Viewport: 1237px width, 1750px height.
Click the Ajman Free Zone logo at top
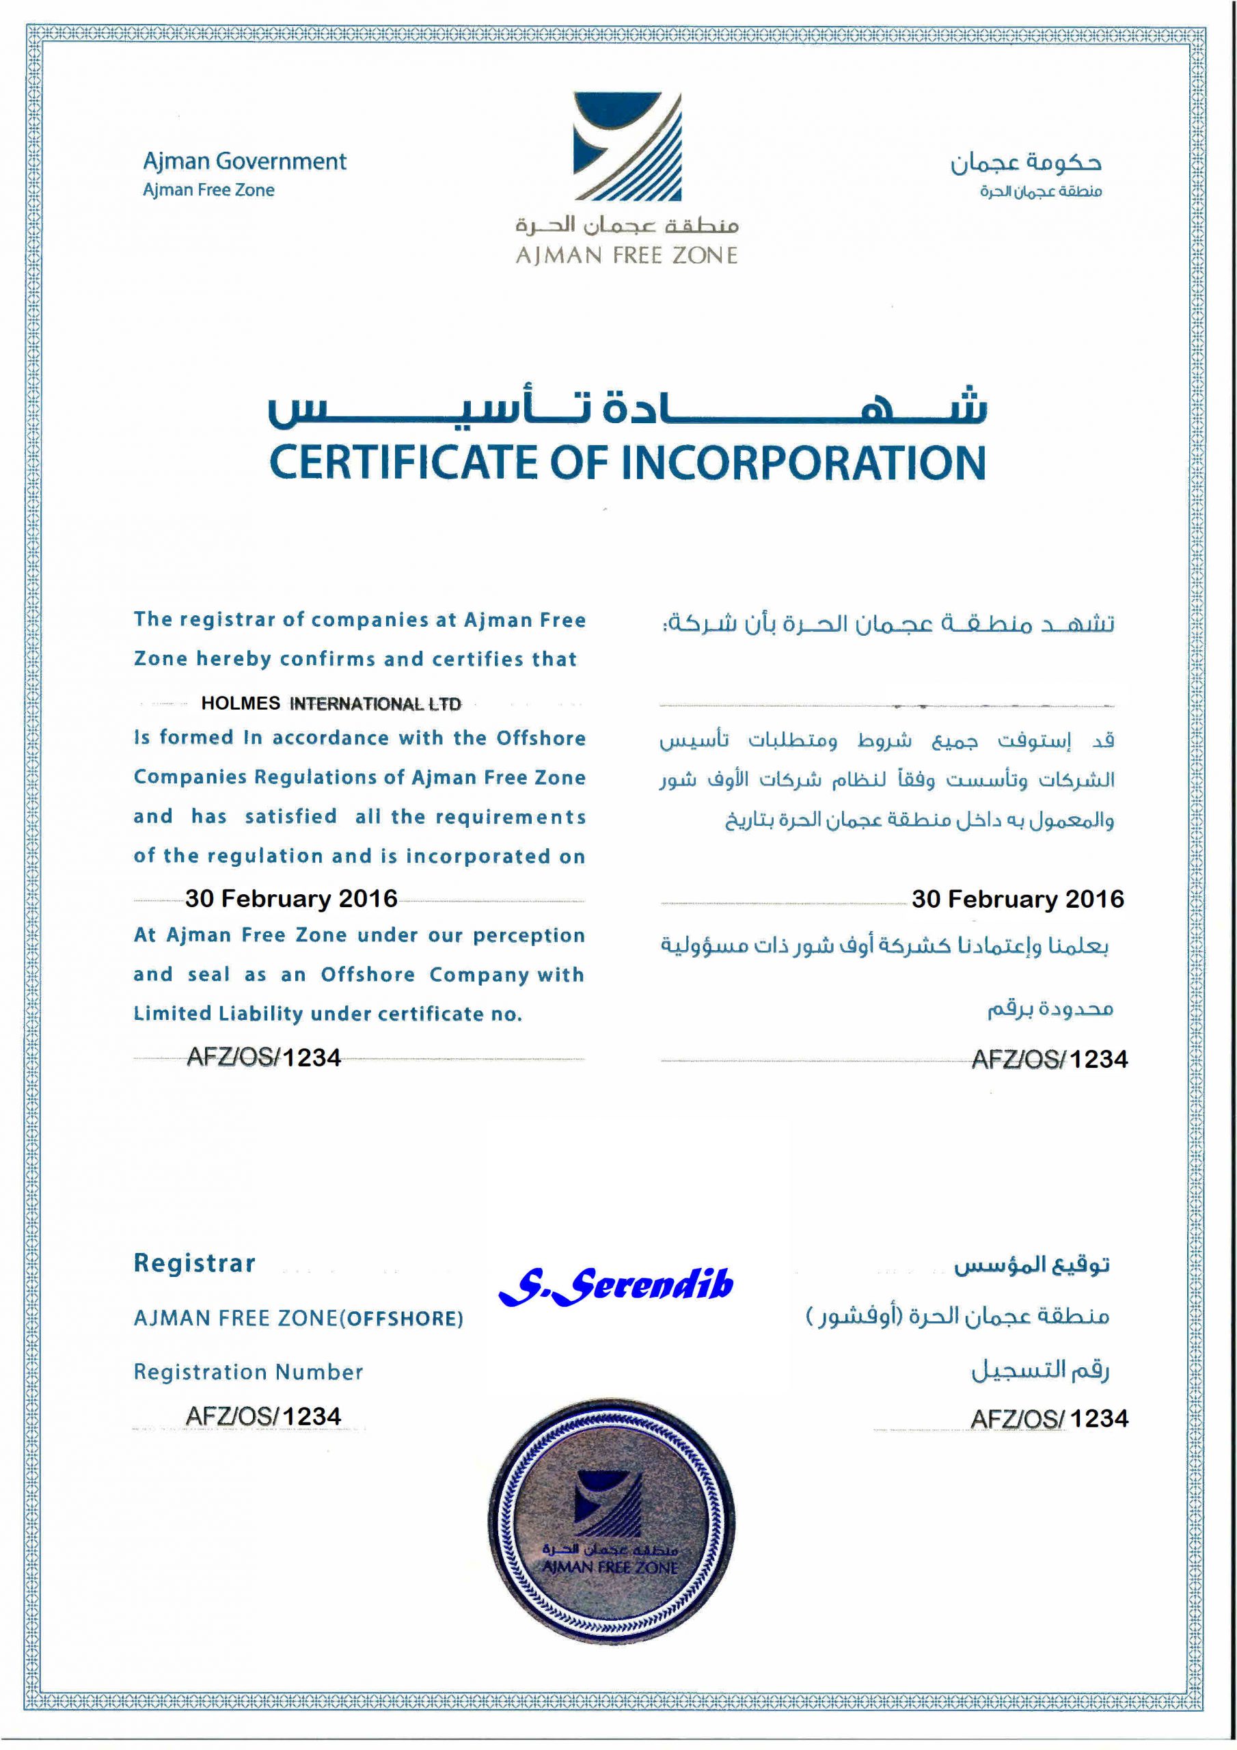click(627, 146)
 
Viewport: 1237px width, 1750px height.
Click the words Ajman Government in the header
click(245, 161)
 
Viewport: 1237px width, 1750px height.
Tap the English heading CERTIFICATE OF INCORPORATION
click(627, 463)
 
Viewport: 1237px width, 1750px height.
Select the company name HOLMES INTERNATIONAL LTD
click(331, 703)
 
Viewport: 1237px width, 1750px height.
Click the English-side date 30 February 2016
click(291, 899)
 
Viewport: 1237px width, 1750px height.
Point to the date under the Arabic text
click(1018, 900)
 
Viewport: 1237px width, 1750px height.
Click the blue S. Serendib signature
click(616, 1285)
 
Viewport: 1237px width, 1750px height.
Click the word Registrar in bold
click(194, 1263)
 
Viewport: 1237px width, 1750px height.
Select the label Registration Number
click(249, 1372)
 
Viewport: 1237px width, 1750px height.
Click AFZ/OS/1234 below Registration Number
click(264, 1416)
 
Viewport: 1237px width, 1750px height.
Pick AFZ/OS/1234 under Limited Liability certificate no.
click(264, 1058)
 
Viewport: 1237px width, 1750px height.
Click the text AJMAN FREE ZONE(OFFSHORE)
click(298, 1319)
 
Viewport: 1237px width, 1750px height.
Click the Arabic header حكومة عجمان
click(1025, 162)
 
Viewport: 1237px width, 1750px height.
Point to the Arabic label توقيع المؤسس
click(1031, 1265)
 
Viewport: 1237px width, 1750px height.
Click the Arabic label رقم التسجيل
click(1039, 1370)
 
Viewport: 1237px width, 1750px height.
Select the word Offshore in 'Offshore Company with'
click(368, 975)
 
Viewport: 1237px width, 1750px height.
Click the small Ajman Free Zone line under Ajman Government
click(209, 191)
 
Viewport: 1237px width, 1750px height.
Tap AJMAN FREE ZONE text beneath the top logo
click(627, 256)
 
